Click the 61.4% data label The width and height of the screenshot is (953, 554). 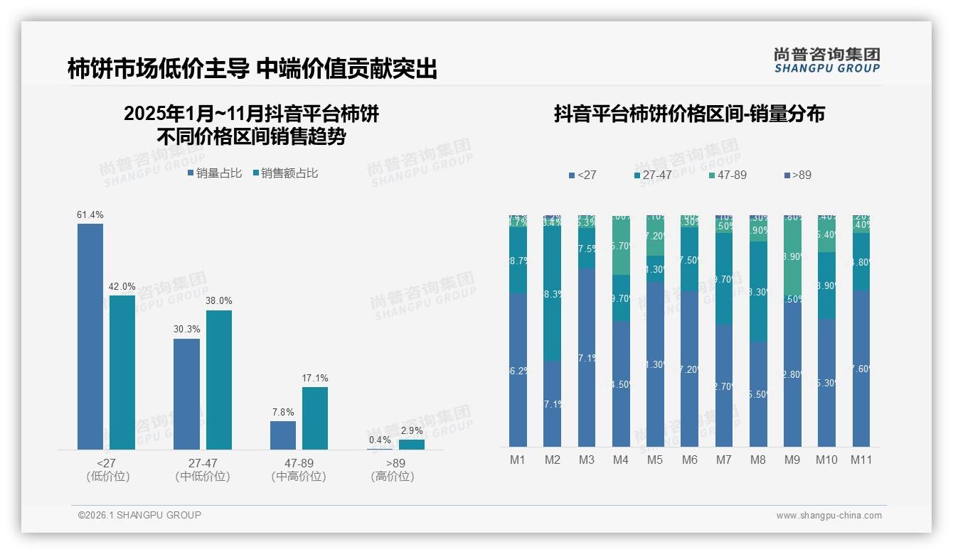tap(90, 214)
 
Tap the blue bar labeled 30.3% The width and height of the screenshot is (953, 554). tap(187, 393)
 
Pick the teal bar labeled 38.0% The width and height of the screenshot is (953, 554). tap(219, 379)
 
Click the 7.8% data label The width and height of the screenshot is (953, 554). tap(282, 412)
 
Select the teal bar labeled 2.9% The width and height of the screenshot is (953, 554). tap(411, 444)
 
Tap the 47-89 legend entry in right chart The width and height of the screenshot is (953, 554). tap(727, 175)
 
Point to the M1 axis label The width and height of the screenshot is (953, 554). tap(518, 460)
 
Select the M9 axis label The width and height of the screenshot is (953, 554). tap(792, 460)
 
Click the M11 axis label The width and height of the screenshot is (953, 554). tap(862, 460)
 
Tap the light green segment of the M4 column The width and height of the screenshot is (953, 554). tap(621, 245)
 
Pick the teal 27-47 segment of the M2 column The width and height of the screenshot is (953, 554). tap(553, 293)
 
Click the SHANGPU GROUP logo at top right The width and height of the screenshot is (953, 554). tap(826, 60)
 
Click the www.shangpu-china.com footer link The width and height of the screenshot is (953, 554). tap(829, 515)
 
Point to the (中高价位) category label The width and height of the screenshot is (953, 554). tap(299, 477)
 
